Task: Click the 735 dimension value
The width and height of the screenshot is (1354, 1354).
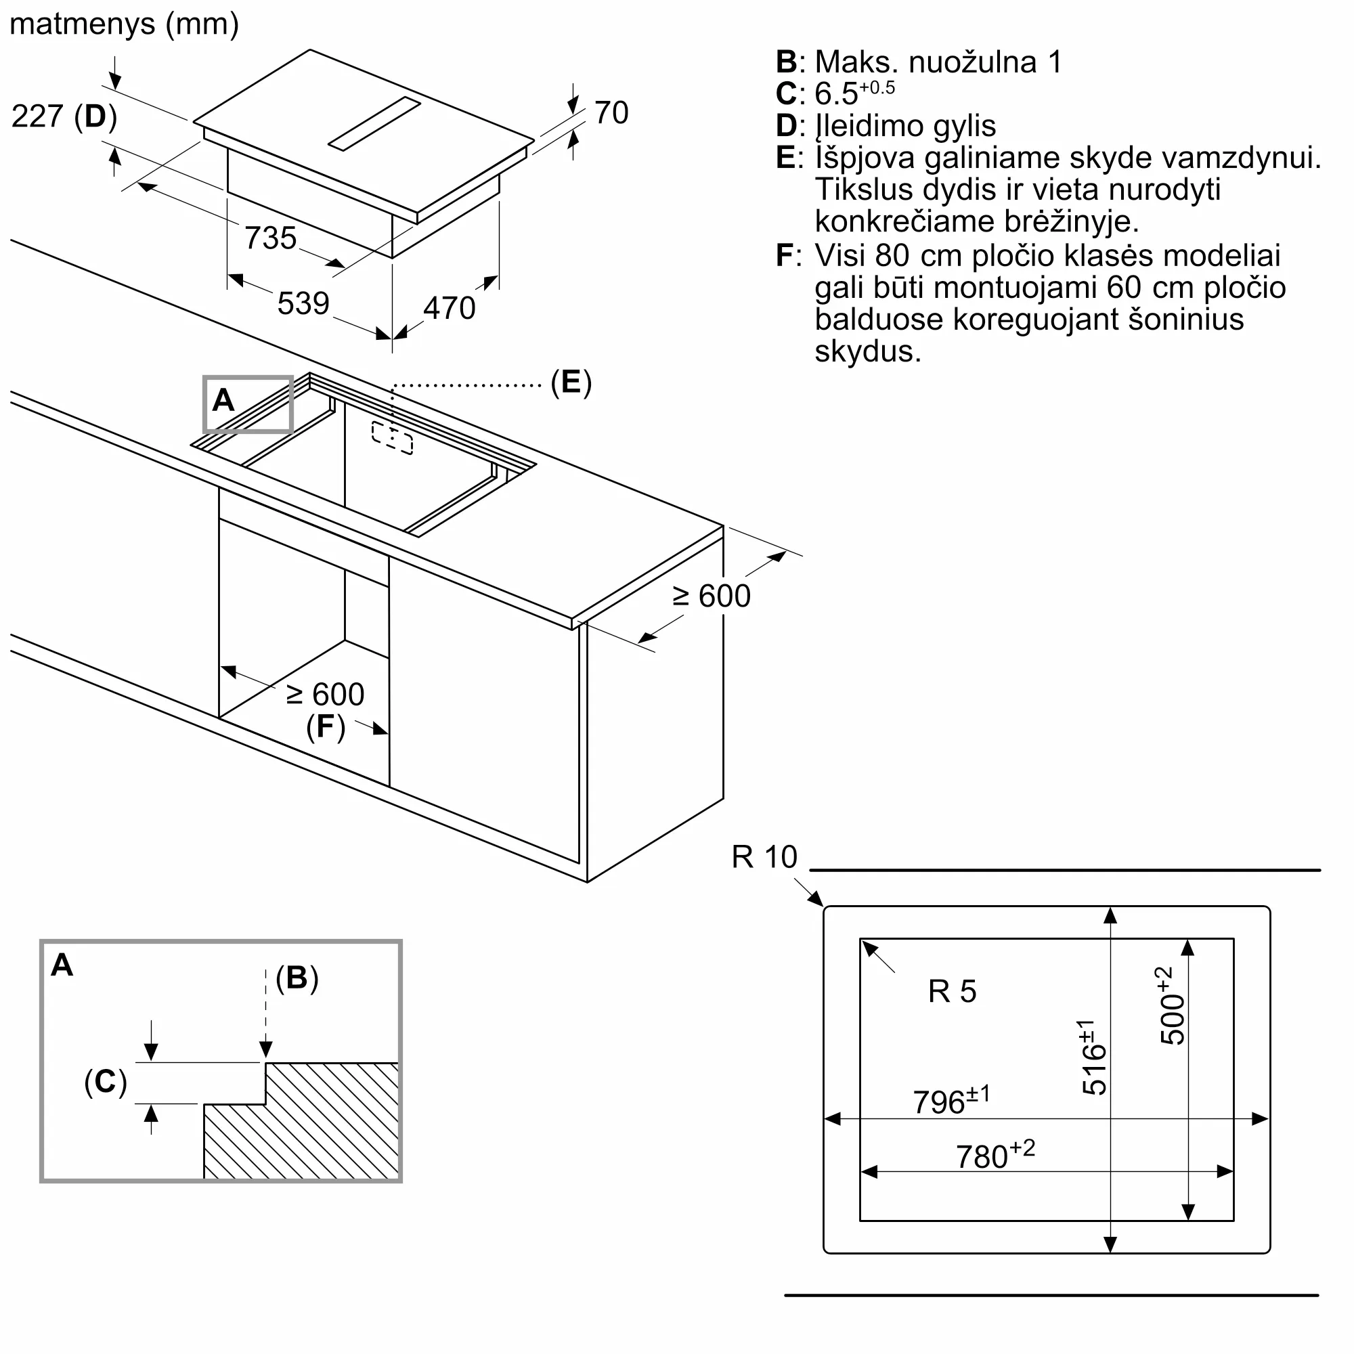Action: click(271, 238)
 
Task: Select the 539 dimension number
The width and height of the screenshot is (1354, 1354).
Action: click(303, 303)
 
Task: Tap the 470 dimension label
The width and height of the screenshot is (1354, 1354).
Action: click(450, 308)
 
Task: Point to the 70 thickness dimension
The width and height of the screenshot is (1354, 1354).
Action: click(611, 113)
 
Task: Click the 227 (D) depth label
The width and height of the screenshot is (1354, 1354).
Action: click(64, 116)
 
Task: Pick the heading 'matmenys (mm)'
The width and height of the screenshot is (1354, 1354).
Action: click(125, 24)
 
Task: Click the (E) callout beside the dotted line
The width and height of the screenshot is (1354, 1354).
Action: click(571, 383)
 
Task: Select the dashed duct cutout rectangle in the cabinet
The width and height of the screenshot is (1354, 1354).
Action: click(393, 438)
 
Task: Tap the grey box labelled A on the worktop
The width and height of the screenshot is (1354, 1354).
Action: click(248, 404)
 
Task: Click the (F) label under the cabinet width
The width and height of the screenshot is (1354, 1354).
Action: click(326, 726)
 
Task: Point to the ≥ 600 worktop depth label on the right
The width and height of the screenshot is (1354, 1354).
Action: click(712, 596)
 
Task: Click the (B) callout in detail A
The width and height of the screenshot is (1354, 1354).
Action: click(297, 978)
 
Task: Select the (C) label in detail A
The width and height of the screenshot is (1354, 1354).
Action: click(106, 1081)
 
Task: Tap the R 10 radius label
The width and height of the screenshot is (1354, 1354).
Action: click(764, 857)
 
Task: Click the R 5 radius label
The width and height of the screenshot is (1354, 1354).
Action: click(952, 992)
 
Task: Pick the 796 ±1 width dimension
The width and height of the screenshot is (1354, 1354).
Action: click(952, 1101)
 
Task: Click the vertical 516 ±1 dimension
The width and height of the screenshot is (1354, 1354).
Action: click(1093, 1057)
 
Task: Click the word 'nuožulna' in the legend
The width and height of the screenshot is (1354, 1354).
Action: click(973, 62)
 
